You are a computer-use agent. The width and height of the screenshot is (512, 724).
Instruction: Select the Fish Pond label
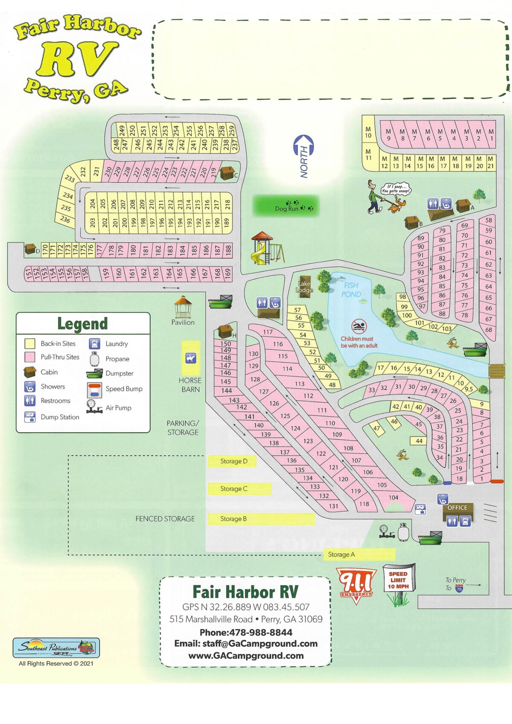351,290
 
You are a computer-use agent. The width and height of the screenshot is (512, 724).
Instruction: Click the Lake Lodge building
305,286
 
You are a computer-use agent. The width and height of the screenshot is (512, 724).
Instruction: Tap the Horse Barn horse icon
190,358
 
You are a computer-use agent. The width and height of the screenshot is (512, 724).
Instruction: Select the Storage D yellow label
233,461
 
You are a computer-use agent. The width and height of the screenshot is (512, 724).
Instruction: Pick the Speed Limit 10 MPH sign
398,580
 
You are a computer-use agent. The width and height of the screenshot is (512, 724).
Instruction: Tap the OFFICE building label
457,508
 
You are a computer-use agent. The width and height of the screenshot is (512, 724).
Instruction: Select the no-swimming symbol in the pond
359,327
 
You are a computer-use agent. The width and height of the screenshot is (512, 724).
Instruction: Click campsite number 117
268,332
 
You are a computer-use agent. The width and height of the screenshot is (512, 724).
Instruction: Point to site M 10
368,132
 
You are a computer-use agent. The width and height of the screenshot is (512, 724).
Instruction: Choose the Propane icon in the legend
94,359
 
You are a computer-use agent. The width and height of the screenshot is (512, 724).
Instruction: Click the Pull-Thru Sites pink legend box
30,357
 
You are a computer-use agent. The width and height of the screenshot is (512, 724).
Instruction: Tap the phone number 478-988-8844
246,632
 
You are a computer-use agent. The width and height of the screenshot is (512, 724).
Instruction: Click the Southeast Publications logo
56,648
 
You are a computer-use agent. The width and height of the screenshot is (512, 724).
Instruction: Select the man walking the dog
375,197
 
